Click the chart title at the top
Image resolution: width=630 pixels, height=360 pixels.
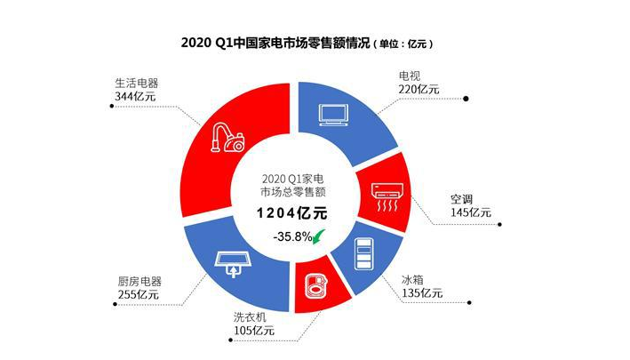307,43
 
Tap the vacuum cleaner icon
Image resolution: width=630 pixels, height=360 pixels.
227,138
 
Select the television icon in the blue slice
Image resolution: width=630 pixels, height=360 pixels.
333,115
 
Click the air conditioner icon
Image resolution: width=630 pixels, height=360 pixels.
387,196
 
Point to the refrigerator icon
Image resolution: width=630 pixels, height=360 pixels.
364,254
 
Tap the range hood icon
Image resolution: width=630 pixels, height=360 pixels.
234,264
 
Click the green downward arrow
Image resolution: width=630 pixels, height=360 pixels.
319,236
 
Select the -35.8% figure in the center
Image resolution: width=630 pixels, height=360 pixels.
292,236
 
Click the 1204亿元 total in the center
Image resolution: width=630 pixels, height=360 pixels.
292,213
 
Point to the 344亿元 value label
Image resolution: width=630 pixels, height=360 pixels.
135,96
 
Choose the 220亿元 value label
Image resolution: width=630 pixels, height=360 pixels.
419,89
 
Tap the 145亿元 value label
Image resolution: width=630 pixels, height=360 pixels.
470,212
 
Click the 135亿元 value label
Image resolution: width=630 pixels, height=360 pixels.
422,293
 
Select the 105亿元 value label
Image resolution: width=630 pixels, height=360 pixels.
254,331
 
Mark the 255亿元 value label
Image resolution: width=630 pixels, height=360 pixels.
139,294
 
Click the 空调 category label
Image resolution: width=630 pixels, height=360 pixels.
461,199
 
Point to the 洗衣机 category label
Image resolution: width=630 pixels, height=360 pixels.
250,317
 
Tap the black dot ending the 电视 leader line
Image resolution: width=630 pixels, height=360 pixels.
466,99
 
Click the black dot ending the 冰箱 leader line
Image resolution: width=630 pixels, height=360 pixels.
469,302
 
